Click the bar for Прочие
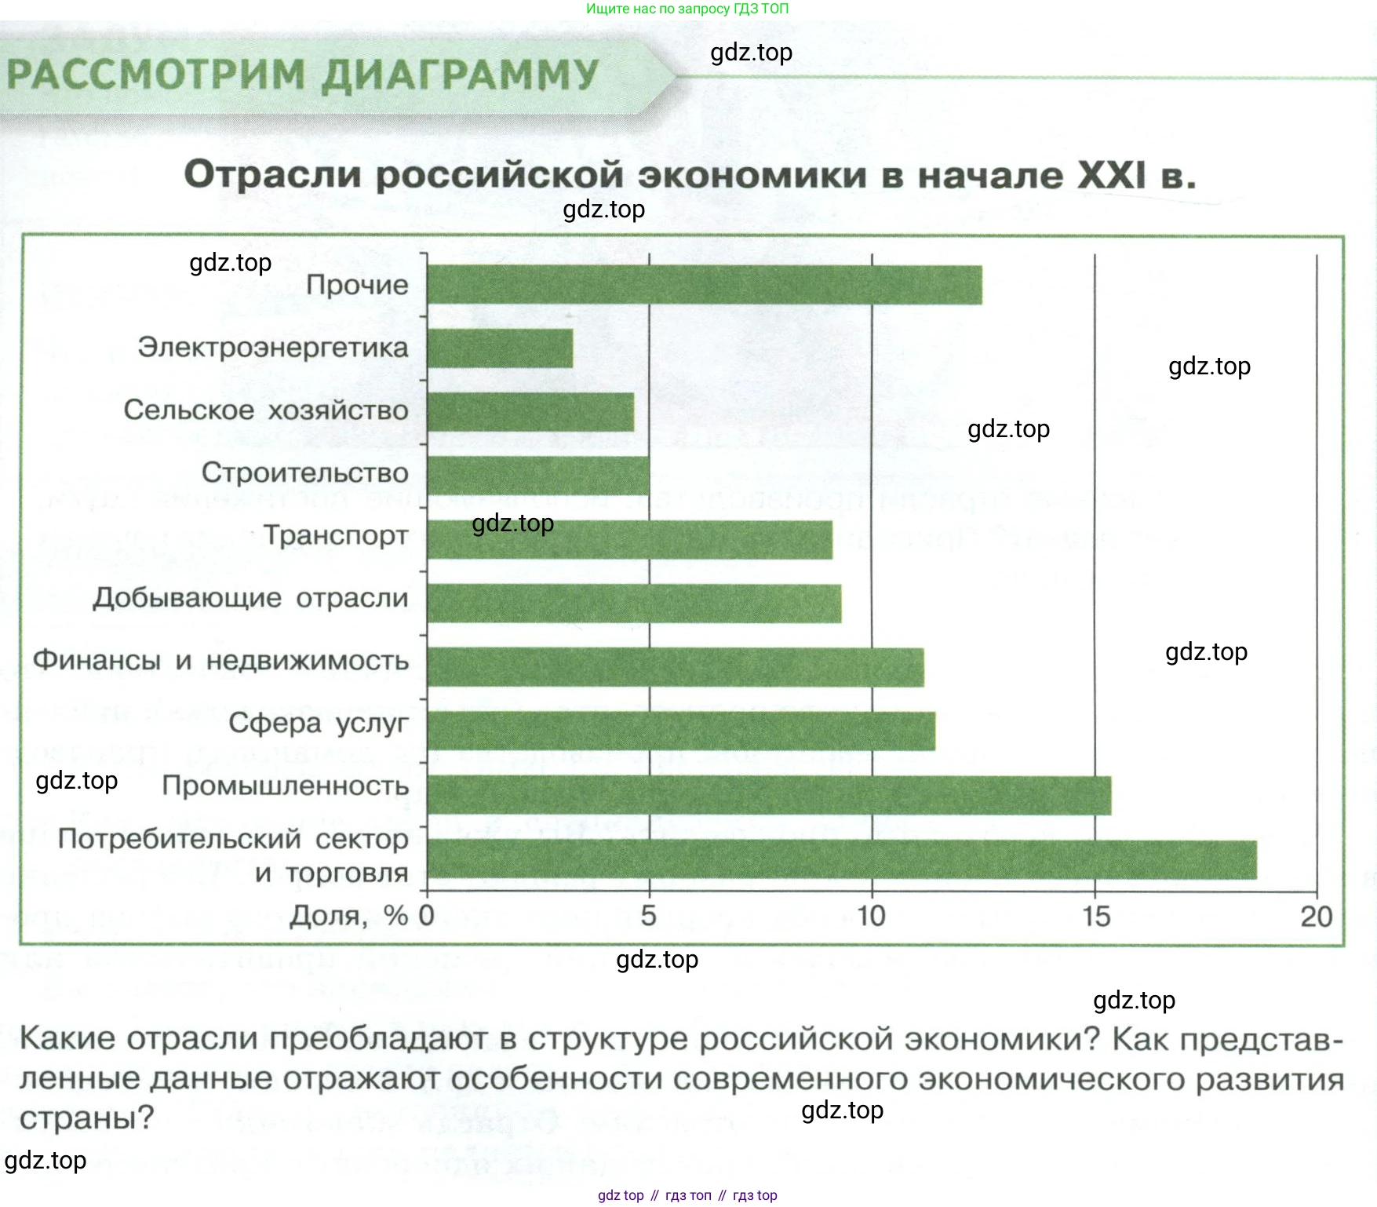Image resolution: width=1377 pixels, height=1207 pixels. pos(704,285)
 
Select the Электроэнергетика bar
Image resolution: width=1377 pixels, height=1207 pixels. pos(500,348)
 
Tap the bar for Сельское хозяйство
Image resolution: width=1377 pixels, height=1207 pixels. pos(530,412)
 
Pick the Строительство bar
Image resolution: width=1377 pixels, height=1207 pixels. pos(538,476)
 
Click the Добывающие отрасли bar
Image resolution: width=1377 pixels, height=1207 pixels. pos(634,603)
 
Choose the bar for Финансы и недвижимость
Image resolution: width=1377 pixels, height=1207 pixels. pos(676,667)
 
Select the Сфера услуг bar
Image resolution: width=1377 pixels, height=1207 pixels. pos(681,731)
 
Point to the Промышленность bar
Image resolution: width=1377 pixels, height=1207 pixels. pos(769,795)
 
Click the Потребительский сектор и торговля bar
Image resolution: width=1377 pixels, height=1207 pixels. pos(842,859)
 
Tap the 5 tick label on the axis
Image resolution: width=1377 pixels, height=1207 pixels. pos(648,916)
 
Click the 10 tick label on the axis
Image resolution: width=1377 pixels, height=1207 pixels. pos(871,916)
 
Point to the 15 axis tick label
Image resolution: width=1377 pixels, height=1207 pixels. pos(1096,916)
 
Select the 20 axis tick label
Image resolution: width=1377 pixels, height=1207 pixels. pos(1317,916)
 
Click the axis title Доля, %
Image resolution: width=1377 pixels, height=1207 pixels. pos(349,916)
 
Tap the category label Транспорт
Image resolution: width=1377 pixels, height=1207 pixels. pos(336,535)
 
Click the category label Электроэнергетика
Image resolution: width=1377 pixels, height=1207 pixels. pos(273,347)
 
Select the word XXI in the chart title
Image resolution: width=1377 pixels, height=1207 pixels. pos(1112,175)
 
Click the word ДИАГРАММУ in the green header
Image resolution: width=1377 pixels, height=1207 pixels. pos(460,76)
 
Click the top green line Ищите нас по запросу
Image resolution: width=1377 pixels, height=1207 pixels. pos(687,9)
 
